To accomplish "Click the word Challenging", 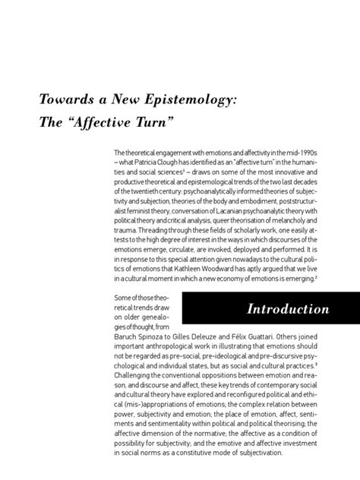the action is [135, 374].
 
